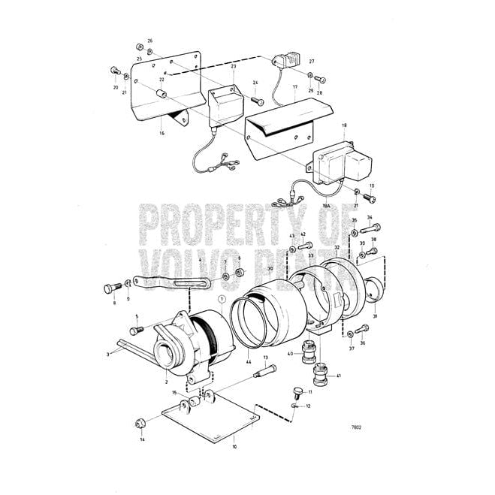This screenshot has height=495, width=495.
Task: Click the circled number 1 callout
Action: pyautogui.click(x=222, y=300)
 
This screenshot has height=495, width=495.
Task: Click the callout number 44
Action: pyautogui.click(x=248, y=362)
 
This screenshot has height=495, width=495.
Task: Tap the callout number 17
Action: pyautogui.click(x=296, y=88)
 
